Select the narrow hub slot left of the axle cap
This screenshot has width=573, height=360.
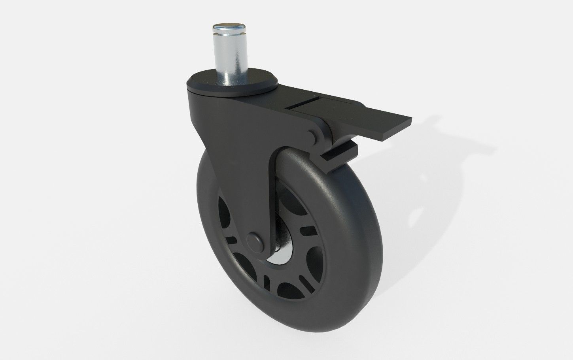coord(232,240)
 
